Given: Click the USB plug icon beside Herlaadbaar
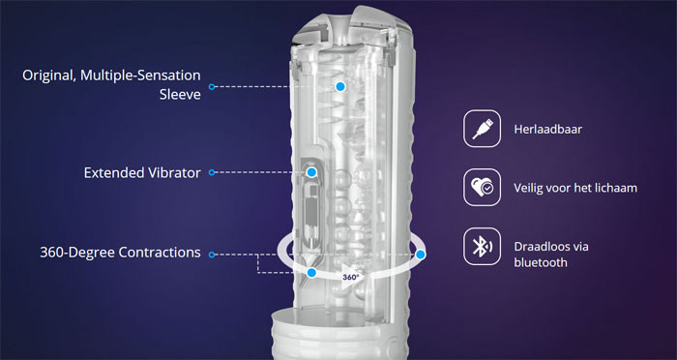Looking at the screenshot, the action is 483,129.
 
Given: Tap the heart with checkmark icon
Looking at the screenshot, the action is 483,188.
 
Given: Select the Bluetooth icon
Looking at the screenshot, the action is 483,247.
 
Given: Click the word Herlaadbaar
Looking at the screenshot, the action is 548,129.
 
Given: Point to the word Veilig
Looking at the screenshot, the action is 528,188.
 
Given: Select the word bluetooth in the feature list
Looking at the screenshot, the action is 541,262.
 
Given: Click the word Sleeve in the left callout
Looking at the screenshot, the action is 180,94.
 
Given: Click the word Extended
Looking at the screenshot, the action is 113,173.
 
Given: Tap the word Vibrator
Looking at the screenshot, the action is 174,173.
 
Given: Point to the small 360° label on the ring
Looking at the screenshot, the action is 350,277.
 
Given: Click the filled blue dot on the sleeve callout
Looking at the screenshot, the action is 340,86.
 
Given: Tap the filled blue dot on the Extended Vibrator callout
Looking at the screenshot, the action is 311,172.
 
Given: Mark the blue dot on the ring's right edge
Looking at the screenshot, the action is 421,255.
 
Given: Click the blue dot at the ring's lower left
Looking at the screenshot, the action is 311,273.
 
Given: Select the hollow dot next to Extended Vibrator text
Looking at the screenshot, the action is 212,172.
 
